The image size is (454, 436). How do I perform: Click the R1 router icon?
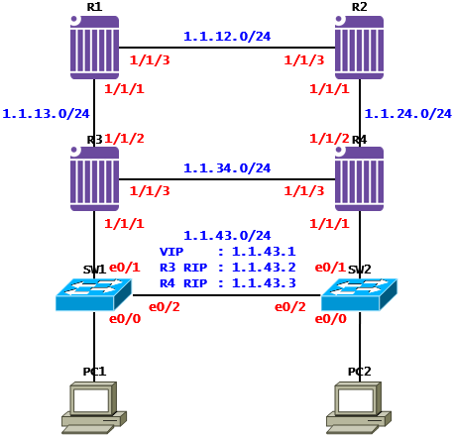pyautogui.click(x=94, y=48)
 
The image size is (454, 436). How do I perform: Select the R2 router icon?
pyautogui.click(x=359, y=48)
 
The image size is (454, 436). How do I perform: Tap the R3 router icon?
pyautogui.click(x=94, y=178)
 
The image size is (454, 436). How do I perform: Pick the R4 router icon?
pyautogui.click(x=359, y=178)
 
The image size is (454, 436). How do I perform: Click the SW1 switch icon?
pyautogui.click(x=94, y=294)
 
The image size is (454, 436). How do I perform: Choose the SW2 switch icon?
pyautogui.click(x=359, y=294)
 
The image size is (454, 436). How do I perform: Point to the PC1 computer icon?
pyautogui.click(x=94, y=407)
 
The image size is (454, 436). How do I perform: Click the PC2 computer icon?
pyautogui.click(x=359, y=407)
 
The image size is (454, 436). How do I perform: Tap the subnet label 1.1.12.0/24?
pyautogui.click(x=227, y=36)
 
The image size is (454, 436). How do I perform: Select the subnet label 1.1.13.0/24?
pyautogui.click(x=46, y=114)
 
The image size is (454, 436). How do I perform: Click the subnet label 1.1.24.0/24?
pyautogui.click(x=408, y=114)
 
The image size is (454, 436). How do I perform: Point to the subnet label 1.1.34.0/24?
pyautogui.click(x=227, y=168)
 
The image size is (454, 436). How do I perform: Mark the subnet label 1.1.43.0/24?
pyautogui.click(x=227, y=236)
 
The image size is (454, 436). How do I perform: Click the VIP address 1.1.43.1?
pyautogui.click(x=264, y=252)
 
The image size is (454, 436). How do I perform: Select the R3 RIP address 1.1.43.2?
pyautogui.click(x=264, y=268)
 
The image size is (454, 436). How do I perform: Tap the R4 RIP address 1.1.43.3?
pyautogui.click(x=264, y=283)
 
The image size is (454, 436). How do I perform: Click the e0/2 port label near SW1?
pyautogui.click(x=165, y=307)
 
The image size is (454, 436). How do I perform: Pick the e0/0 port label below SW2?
pyautogui.click(x=331, y=319)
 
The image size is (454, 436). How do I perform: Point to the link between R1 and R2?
pyautogui.click(x=227, y=48)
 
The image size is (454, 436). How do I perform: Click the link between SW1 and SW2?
pyautogui.click(x=227, y=295)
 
